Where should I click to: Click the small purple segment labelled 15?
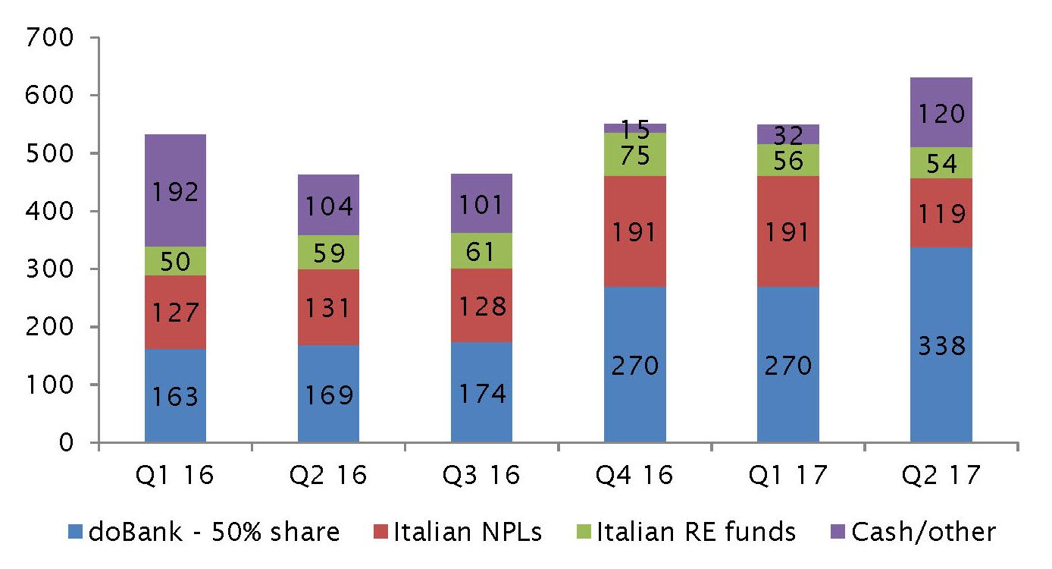[635, 128]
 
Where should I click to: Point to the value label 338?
[941, 347]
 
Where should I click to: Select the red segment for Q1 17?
[788, 231]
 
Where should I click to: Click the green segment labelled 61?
[481, 250]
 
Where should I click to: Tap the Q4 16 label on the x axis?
[635, 476]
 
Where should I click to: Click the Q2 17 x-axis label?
[941, 476]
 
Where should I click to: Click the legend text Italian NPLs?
[467, 533]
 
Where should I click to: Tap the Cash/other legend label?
[923, 533]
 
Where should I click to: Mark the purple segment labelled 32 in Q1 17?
[788, 134]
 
